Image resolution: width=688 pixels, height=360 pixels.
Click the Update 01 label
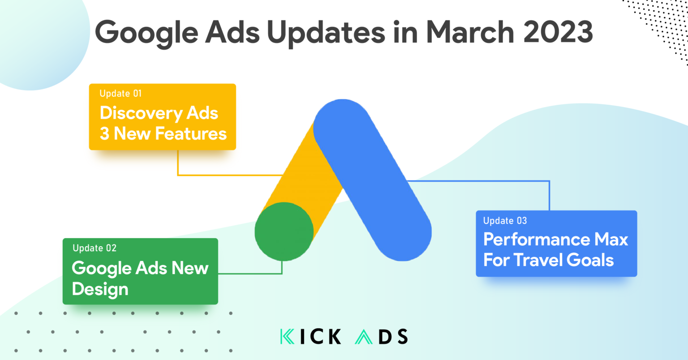coord(120,94)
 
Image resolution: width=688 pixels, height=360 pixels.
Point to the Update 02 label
coord(95,248)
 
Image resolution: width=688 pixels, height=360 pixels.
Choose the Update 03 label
coord(505,221)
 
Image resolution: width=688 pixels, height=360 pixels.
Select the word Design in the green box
coord(100,289)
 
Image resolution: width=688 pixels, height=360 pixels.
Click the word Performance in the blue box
coord(536,240)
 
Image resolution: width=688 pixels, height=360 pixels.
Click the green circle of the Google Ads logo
coord(284,231)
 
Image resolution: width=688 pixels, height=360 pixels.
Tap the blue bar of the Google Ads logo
coord(372,179)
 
